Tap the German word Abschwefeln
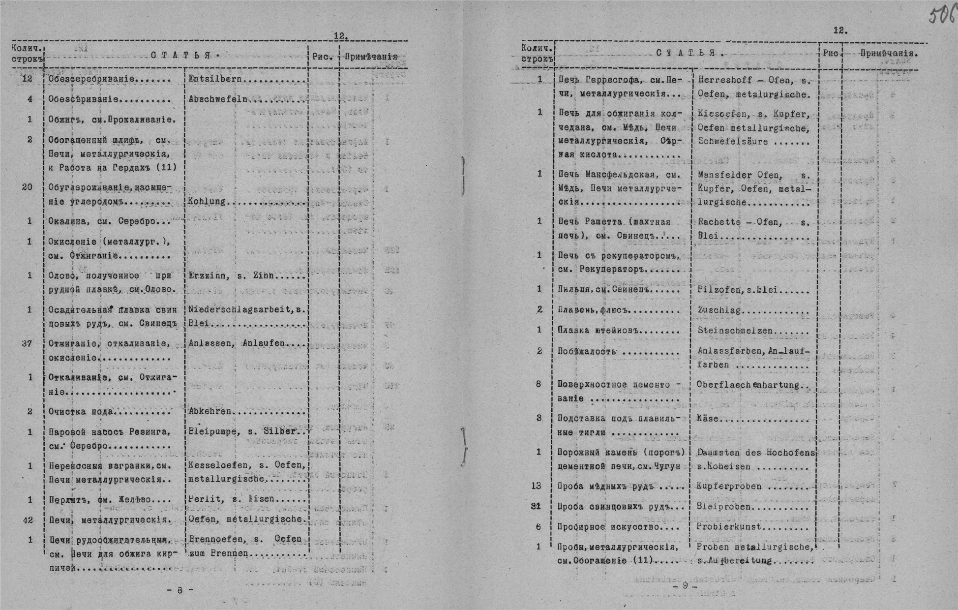(x=218, y=99)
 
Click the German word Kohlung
(x=207, y=202)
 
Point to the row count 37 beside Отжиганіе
(x=28, y=343)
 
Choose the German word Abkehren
(x=210, y=412)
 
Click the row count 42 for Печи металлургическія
(x=28, y=519)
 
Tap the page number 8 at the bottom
(x=180, y=590)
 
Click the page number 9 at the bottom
(x=685, y=586)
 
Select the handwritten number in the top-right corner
(x=941, y=15)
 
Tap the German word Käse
(x=708, y=419)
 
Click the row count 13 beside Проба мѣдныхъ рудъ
(x=537, y=486)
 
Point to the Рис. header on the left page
(x=323, y=57)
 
